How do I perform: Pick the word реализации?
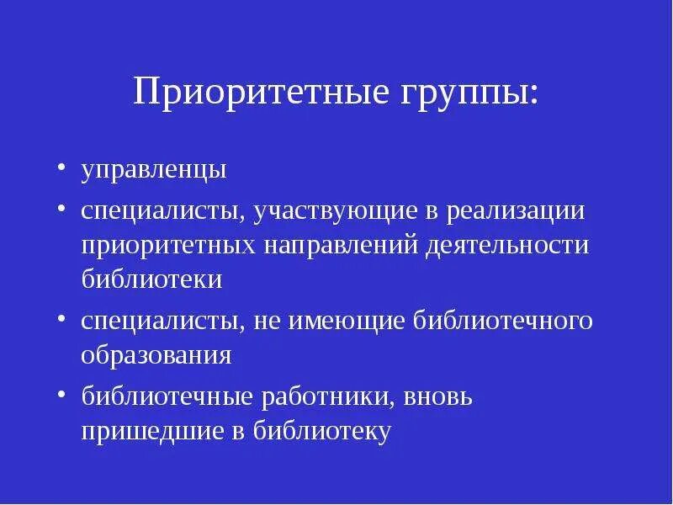pos(514,210)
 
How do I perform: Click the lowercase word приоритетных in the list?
pos(168,245)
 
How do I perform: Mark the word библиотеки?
pos(151,279)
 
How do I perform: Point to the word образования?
pos(156,354)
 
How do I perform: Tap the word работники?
pos(334,396)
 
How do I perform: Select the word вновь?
pos(441,396)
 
